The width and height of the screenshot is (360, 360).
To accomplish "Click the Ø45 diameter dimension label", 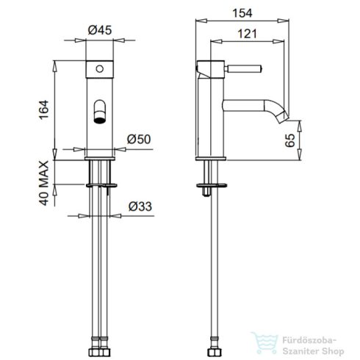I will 98,31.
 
